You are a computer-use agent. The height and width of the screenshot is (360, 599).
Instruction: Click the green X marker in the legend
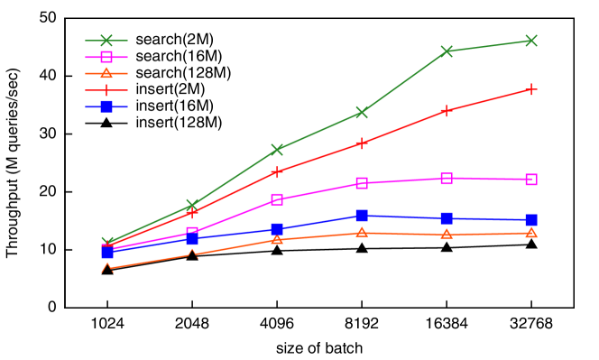click(x=106, y=41)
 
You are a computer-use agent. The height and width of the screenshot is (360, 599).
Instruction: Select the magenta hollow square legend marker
click(x=106, y=57)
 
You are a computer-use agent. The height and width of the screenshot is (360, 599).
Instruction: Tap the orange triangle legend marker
click(x=106, y=73)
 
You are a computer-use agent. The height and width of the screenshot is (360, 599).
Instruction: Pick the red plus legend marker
click(x=106, y=90)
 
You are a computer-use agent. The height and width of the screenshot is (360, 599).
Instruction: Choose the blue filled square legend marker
click(x=106, y=106)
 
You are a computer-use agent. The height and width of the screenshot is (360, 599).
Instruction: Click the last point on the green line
click(x=531, y=41)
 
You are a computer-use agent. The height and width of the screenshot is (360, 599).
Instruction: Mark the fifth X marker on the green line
click(x=447, y=51)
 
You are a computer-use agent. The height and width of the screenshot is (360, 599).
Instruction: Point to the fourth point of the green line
click(x=362, y=113)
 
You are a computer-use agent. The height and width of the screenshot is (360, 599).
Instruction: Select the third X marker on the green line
click(x=277, y=150)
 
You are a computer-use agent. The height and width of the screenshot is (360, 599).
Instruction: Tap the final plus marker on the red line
click(x=531, y=89)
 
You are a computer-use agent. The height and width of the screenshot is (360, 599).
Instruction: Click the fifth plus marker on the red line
click(x=446, y=111)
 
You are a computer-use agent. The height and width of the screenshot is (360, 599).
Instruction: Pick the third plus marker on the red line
click(x=277, y=171)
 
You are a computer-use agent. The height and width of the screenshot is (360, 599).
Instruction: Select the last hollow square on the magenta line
click(x=531, y=180)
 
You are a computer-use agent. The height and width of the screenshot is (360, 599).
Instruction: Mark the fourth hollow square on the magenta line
click(x=362, y=183)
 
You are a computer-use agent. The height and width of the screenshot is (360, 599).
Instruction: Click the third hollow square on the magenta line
click(x=277, y=199)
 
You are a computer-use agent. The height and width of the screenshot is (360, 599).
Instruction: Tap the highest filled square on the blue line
click(x=362, y=216)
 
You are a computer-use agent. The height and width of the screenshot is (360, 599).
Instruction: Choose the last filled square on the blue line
click(x=531, y=220)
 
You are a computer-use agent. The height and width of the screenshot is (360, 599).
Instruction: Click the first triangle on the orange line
click(x=107, y=268)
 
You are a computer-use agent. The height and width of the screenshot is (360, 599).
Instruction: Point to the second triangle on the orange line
click(x=192, y=254)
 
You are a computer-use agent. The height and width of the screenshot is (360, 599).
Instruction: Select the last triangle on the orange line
click(x=531, y=233)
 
